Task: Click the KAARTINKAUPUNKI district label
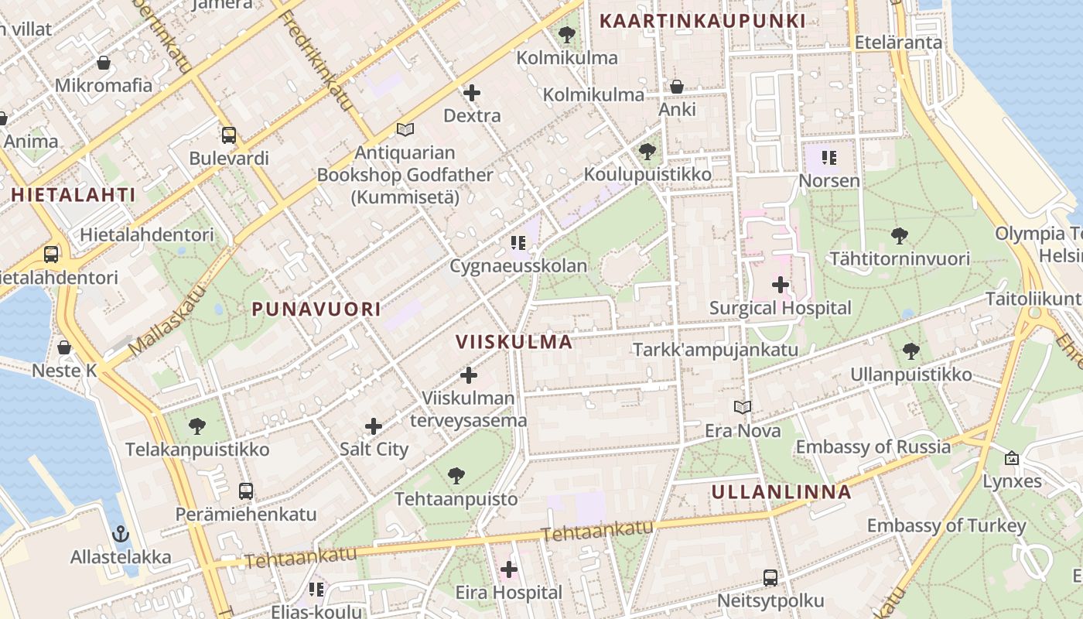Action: click(x=702, y=21)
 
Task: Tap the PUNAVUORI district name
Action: click(x=316, y=309)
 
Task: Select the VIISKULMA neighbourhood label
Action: click(x=514, y=342)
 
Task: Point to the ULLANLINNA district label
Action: click(x=781, y=492)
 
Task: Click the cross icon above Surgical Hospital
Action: click(x=781, y=285)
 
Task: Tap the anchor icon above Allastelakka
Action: click(x=120, y=534)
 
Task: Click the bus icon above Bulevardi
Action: click(x=229, y=135)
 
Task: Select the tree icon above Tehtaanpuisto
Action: click(x=456, y=475)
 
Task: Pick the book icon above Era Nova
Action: click(x=743, y=407)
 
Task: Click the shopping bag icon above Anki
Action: click(x=677, y=87)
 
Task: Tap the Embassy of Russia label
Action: click(x=873, y=447)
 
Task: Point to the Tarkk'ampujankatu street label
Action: click(x=715, y=350)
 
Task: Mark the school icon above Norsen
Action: click(x=829, y=159)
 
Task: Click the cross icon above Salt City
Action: click(x=374, y=426)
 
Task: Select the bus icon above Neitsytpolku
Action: click(x=770, y=577)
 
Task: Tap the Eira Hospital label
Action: click(x=508, y=593)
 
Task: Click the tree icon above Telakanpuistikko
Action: click(x=197, y=426)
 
